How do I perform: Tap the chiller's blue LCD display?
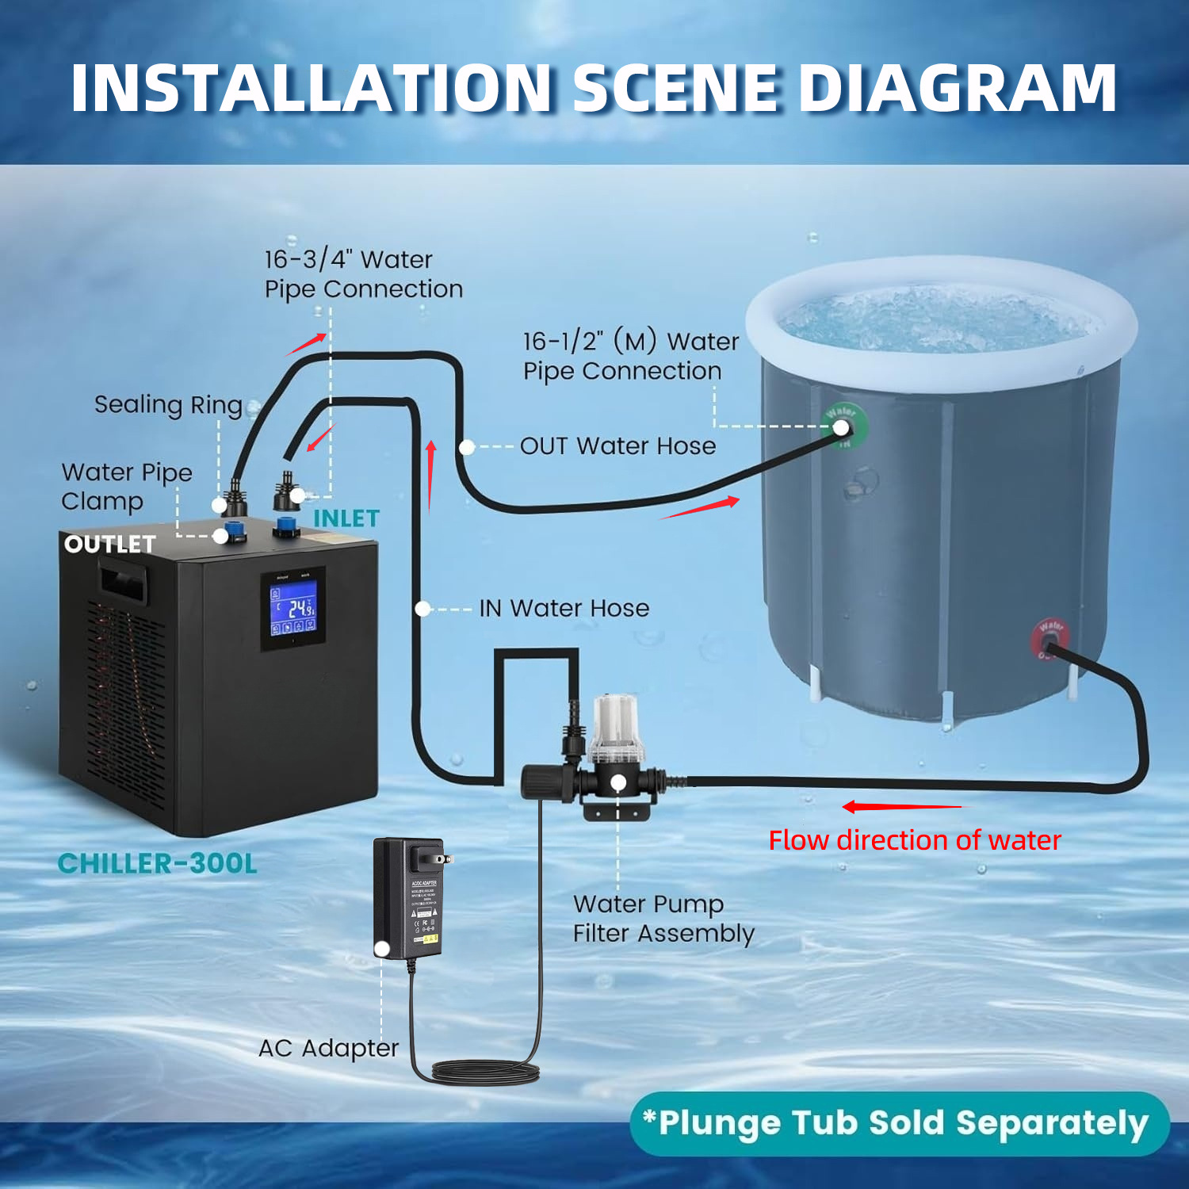292,607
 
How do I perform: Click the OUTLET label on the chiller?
109,544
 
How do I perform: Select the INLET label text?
346,518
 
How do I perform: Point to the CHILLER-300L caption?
158,863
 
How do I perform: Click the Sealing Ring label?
168,405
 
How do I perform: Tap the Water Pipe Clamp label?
127,487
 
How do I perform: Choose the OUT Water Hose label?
617,446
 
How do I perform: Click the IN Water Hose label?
564,608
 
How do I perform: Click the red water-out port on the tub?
1050,640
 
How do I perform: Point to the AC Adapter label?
328,1048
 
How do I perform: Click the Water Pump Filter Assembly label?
663,919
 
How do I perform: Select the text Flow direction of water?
914,840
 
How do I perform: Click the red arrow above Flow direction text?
901,807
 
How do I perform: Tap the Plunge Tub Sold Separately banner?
900,1123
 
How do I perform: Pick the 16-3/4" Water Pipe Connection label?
364,274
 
